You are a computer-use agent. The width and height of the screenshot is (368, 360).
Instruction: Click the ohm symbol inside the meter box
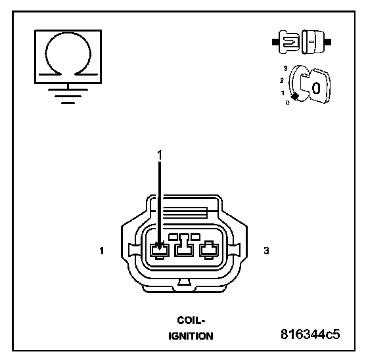(68, 34)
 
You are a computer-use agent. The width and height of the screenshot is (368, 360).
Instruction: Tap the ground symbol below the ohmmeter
(68, 94)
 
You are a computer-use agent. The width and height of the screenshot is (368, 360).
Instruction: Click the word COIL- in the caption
(191, 320)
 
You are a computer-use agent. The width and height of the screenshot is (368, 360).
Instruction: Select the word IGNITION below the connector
(191, 336)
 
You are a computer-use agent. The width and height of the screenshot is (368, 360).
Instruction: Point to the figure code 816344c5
(310, 334)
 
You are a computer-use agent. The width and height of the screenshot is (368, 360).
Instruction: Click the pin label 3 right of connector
(266, 251)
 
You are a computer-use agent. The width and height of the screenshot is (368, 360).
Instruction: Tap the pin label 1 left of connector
(102, 251)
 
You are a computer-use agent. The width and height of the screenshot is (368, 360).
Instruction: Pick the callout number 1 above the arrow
(160, 155)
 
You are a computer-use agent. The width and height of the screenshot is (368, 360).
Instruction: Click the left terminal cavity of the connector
(160, 251)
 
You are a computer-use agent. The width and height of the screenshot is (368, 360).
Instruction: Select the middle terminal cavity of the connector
(184, 246)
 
